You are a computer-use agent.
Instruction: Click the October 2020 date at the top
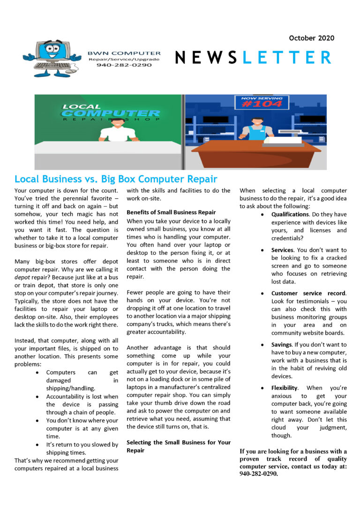tap(311, 37)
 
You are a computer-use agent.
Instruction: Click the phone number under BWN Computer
tap(124, 65)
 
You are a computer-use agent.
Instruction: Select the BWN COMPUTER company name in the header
tap(124, 53)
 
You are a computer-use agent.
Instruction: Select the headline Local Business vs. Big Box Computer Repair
tap(116, 179)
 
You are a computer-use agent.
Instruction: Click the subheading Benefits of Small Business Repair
tap(171, 212)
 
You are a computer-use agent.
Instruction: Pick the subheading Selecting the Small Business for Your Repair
tap(179, 446)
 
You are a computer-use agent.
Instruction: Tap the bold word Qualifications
tap(290, 214)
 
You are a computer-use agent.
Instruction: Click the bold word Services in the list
tap(283, 250)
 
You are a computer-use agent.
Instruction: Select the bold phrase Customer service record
tap(308, 293)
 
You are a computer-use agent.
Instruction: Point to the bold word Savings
tap(282, 344)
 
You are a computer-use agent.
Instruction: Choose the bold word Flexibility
tap(284, 388)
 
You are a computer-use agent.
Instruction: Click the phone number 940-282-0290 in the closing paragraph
tap(258, 473)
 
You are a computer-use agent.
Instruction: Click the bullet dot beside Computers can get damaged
tap(37, 373)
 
